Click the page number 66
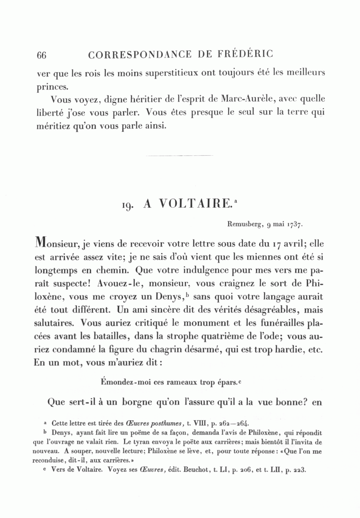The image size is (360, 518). [x=41, y=55]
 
